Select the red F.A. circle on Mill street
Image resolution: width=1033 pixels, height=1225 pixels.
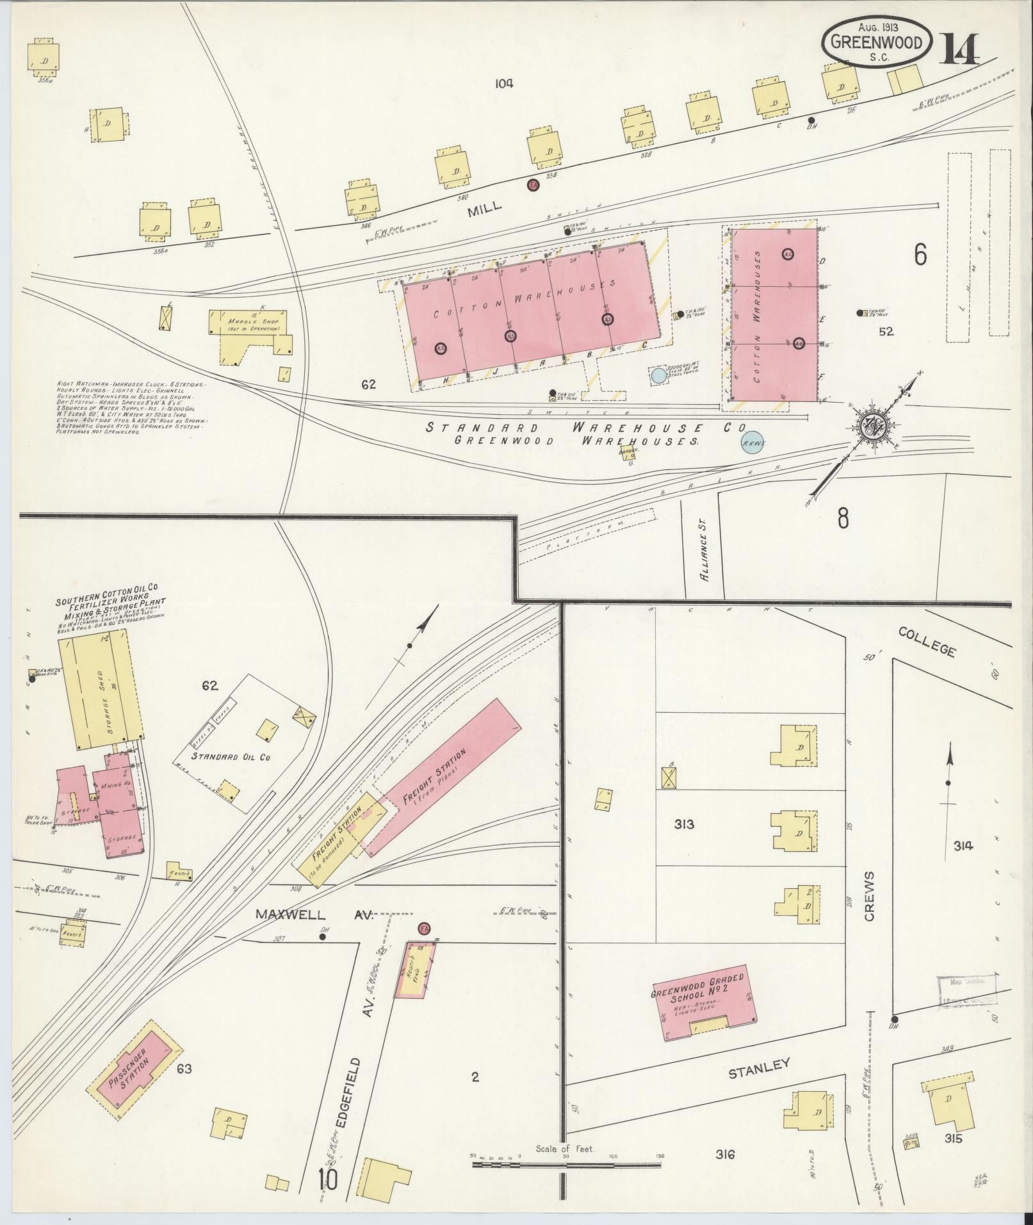[532, 185]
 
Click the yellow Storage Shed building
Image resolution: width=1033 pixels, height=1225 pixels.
[101, 690]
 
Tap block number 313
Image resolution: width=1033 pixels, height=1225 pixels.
[684, 824]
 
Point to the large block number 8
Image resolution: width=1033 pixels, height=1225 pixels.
[843, 518]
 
